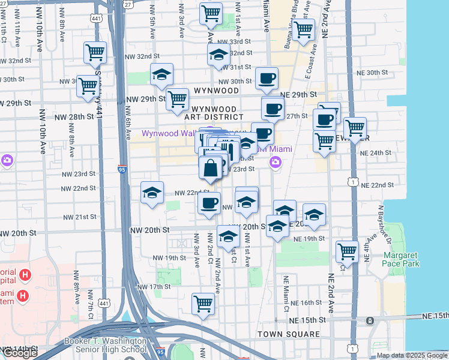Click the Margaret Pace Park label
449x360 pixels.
tap(400, 259)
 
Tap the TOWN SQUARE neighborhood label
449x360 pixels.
tap(289, 334)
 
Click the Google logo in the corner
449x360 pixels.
tap(19, 353)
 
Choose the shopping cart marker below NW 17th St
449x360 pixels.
tap(203, 304)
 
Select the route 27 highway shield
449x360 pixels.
tap(128, 4)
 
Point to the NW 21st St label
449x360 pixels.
tap(82, 217)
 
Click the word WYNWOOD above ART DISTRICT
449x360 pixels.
tap(216, 90)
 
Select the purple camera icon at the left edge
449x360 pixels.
tap(7, 160)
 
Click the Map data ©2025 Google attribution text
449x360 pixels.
tap(412, 355)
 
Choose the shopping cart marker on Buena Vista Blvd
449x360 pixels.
tap(304, 29)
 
